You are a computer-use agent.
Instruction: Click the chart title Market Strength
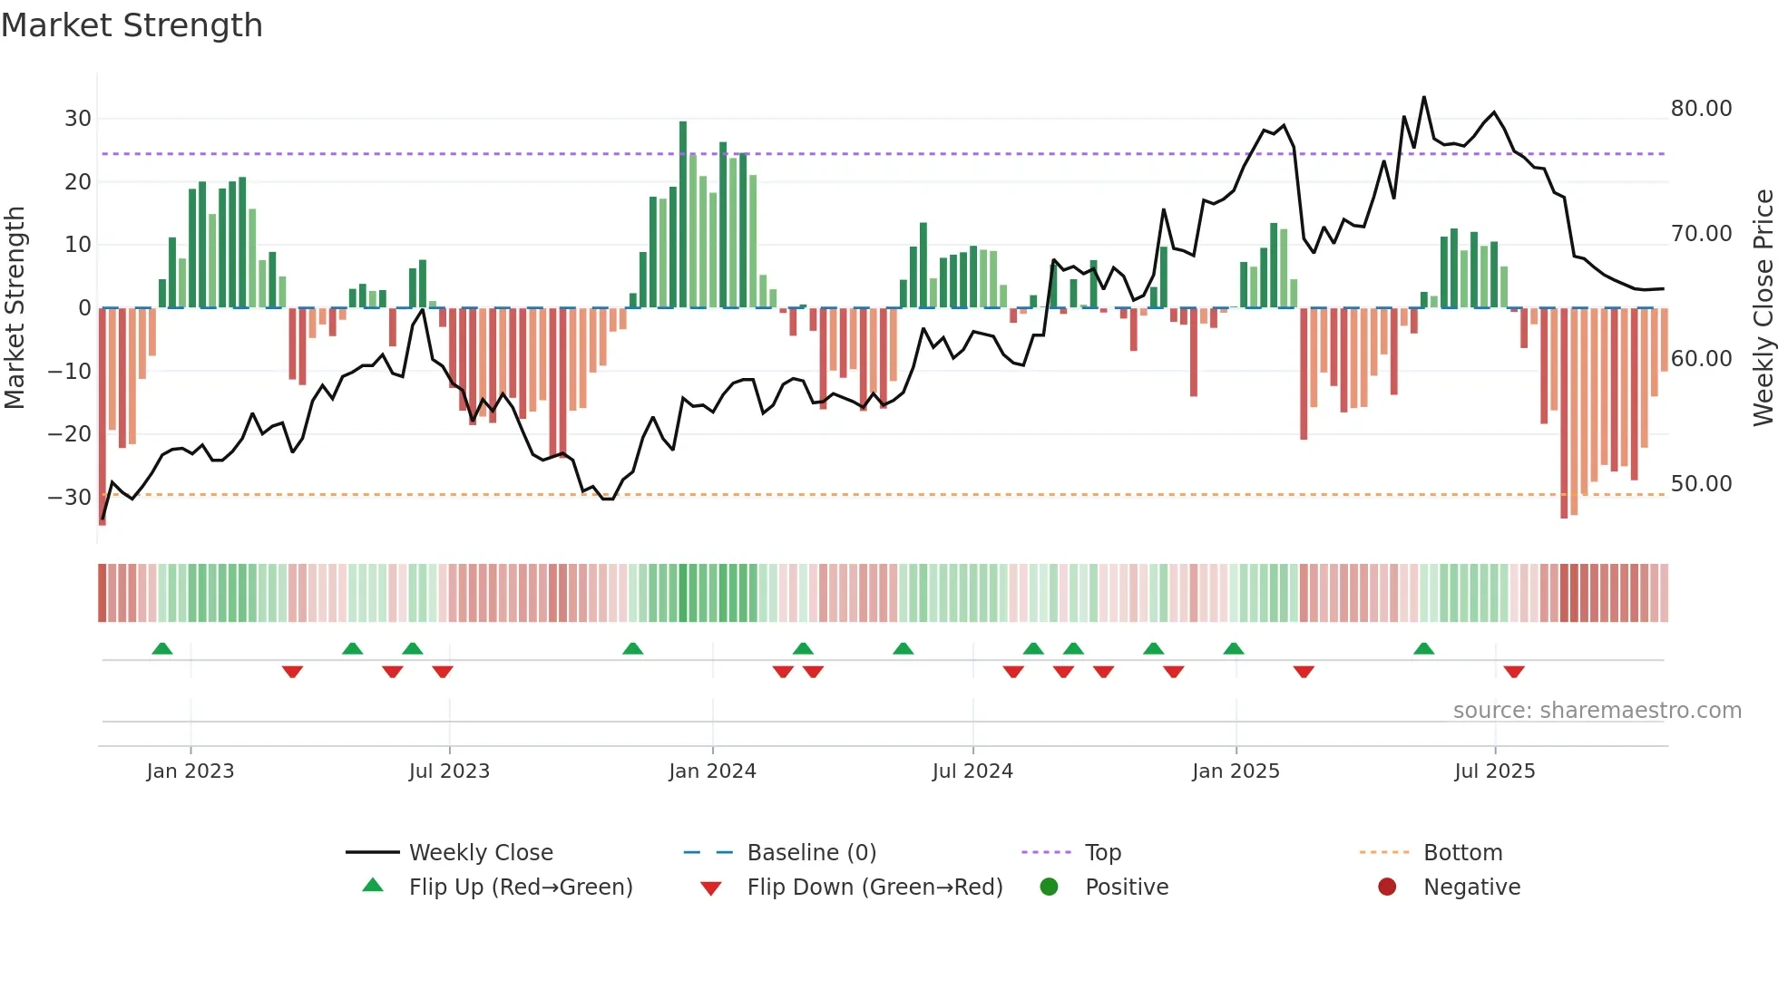(x=132, y=25)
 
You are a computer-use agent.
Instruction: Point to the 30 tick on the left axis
(x=78, y=119)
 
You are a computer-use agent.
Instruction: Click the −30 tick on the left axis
(x=70, y=498)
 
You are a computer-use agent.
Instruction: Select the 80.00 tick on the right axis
(x=1701, y=109)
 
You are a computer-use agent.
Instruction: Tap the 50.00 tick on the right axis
(x=1701, y=484)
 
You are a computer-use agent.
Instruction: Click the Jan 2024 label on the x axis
(x=712, y=771)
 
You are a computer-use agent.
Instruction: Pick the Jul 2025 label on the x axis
(x=1494, y=771)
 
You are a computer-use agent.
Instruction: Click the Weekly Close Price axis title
(x=1763, y=308)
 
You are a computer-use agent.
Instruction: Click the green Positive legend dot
(x=1050, y=887)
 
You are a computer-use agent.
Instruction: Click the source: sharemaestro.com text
(x=1597, y=711)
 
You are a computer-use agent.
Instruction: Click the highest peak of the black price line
(x=1424, y=98)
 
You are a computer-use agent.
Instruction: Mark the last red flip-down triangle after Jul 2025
(x=1514, y=672)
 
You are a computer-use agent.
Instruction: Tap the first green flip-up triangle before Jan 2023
(x=162, y=649)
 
